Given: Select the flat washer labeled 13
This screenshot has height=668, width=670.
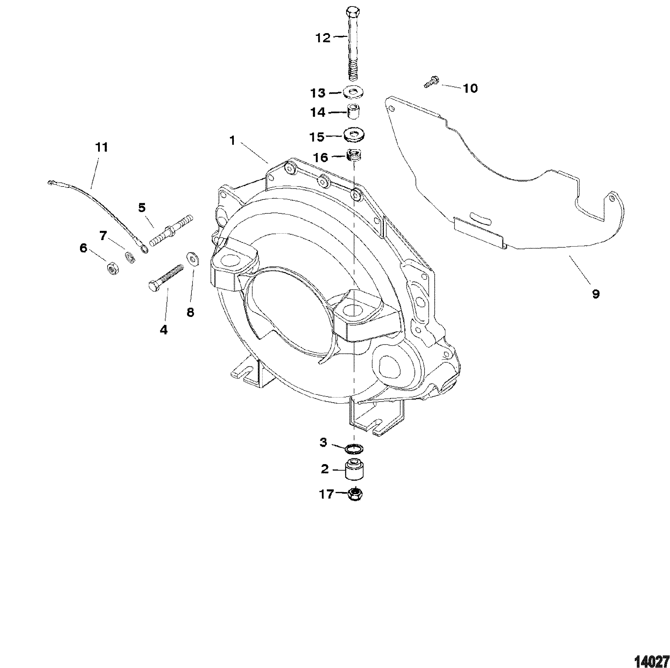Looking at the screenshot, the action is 354,93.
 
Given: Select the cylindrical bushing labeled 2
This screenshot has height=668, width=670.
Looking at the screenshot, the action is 354,470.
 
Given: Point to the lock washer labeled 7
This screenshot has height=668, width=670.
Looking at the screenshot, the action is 130,258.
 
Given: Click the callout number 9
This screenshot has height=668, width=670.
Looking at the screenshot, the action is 595,294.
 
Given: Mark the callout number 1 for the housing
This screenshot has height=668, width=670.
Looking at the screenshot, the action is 232,141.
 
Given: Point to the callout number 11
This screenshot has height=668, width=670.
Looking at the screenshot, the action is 102,147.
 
